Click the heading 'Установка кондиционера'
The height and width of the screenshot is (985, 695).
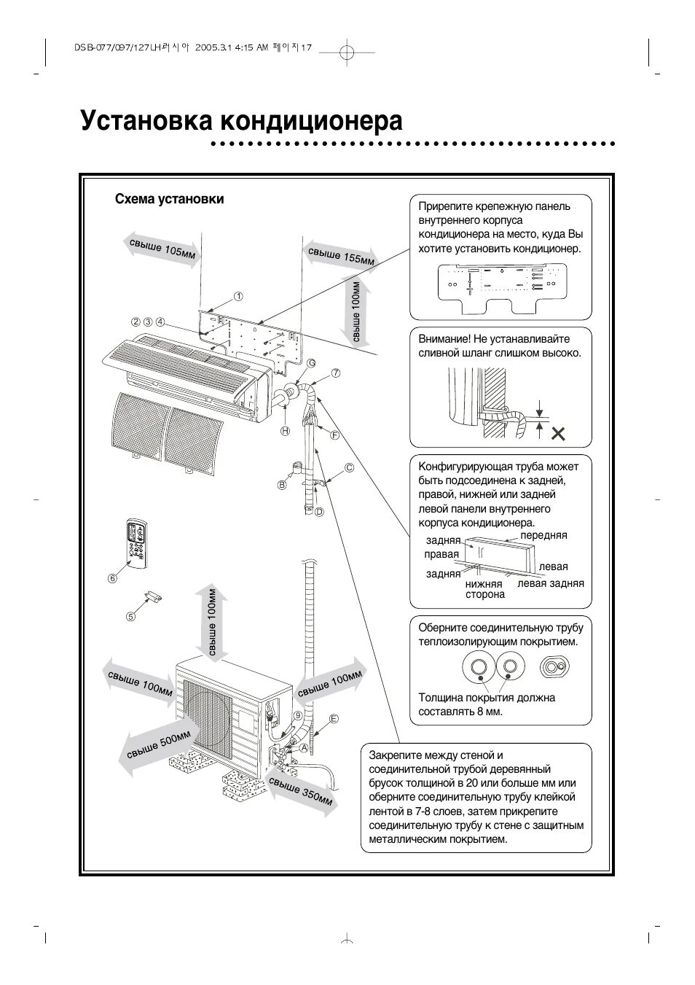tap(241, 120)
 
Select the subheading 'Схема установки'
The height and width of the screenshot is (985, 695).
tap(169, 199)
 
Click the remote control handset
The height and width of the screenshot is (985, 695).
tap(137, 542)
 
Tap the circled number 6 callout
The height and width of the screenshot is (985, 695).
tap(112, 578)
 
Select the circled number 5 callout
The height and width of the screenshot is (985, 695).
tap(131, 616)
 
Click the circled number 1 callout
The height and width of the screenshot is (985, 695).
tap(237, 296)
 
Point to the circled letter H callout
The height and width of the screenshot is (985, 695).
tap(286, 432)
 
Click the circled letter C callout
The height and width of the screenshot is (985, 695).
tap(349, 467)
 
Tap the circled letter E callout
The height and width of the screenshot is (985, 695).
tap(334, 719)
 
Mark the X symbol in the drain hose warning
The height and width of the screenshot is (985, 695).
tap(558, 435)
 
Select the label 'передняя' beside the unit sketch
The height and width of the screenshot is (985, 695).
tap(543, 535)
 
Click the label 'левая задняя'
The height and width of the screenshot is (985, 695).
tap(550, 583)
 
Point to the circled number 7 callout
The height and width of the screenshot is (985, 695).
tap(336, 373)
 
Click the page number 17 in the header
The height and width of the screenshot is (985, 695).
tap(306, 47)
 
